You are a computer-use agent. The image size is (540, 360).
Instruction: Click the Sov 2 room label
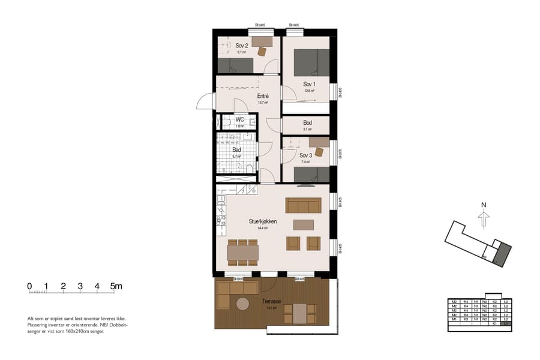242,46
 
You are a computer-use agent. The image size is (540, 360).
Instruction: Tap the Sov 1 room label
309,84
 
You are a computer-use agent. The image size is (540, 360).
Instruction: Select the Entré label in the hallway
262,96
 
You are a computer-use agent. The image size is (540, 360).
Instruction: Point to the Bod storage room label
307,123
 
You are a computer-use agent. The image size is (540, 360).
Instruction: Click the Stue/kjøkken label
262,221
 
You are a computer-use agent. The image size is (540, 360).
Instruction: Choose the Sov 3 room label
306,155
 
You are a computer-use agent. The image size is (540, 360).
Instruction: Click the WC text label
239,120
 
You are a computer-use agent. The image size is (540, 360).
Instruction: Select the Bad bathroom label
236,150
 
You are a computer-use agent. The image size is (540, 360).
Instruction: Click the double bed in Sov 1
311,62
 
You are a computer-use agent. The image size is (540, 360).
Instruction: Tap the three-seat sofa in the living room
304,206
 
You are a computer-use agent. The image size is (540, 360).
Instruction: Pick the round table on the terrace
242,304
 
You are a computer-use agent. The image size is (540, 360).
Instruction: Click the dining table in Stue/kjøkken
242,253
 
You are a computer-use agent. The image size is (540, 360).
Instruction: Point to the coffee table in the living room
303,224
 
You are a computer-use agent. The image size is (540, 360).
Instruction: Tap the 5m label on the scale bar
116,286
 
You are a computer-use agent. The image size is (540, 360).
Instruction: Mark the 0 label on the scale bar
29,286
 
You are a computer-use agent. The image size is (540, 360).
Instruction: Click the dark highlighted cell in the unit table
507,323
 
